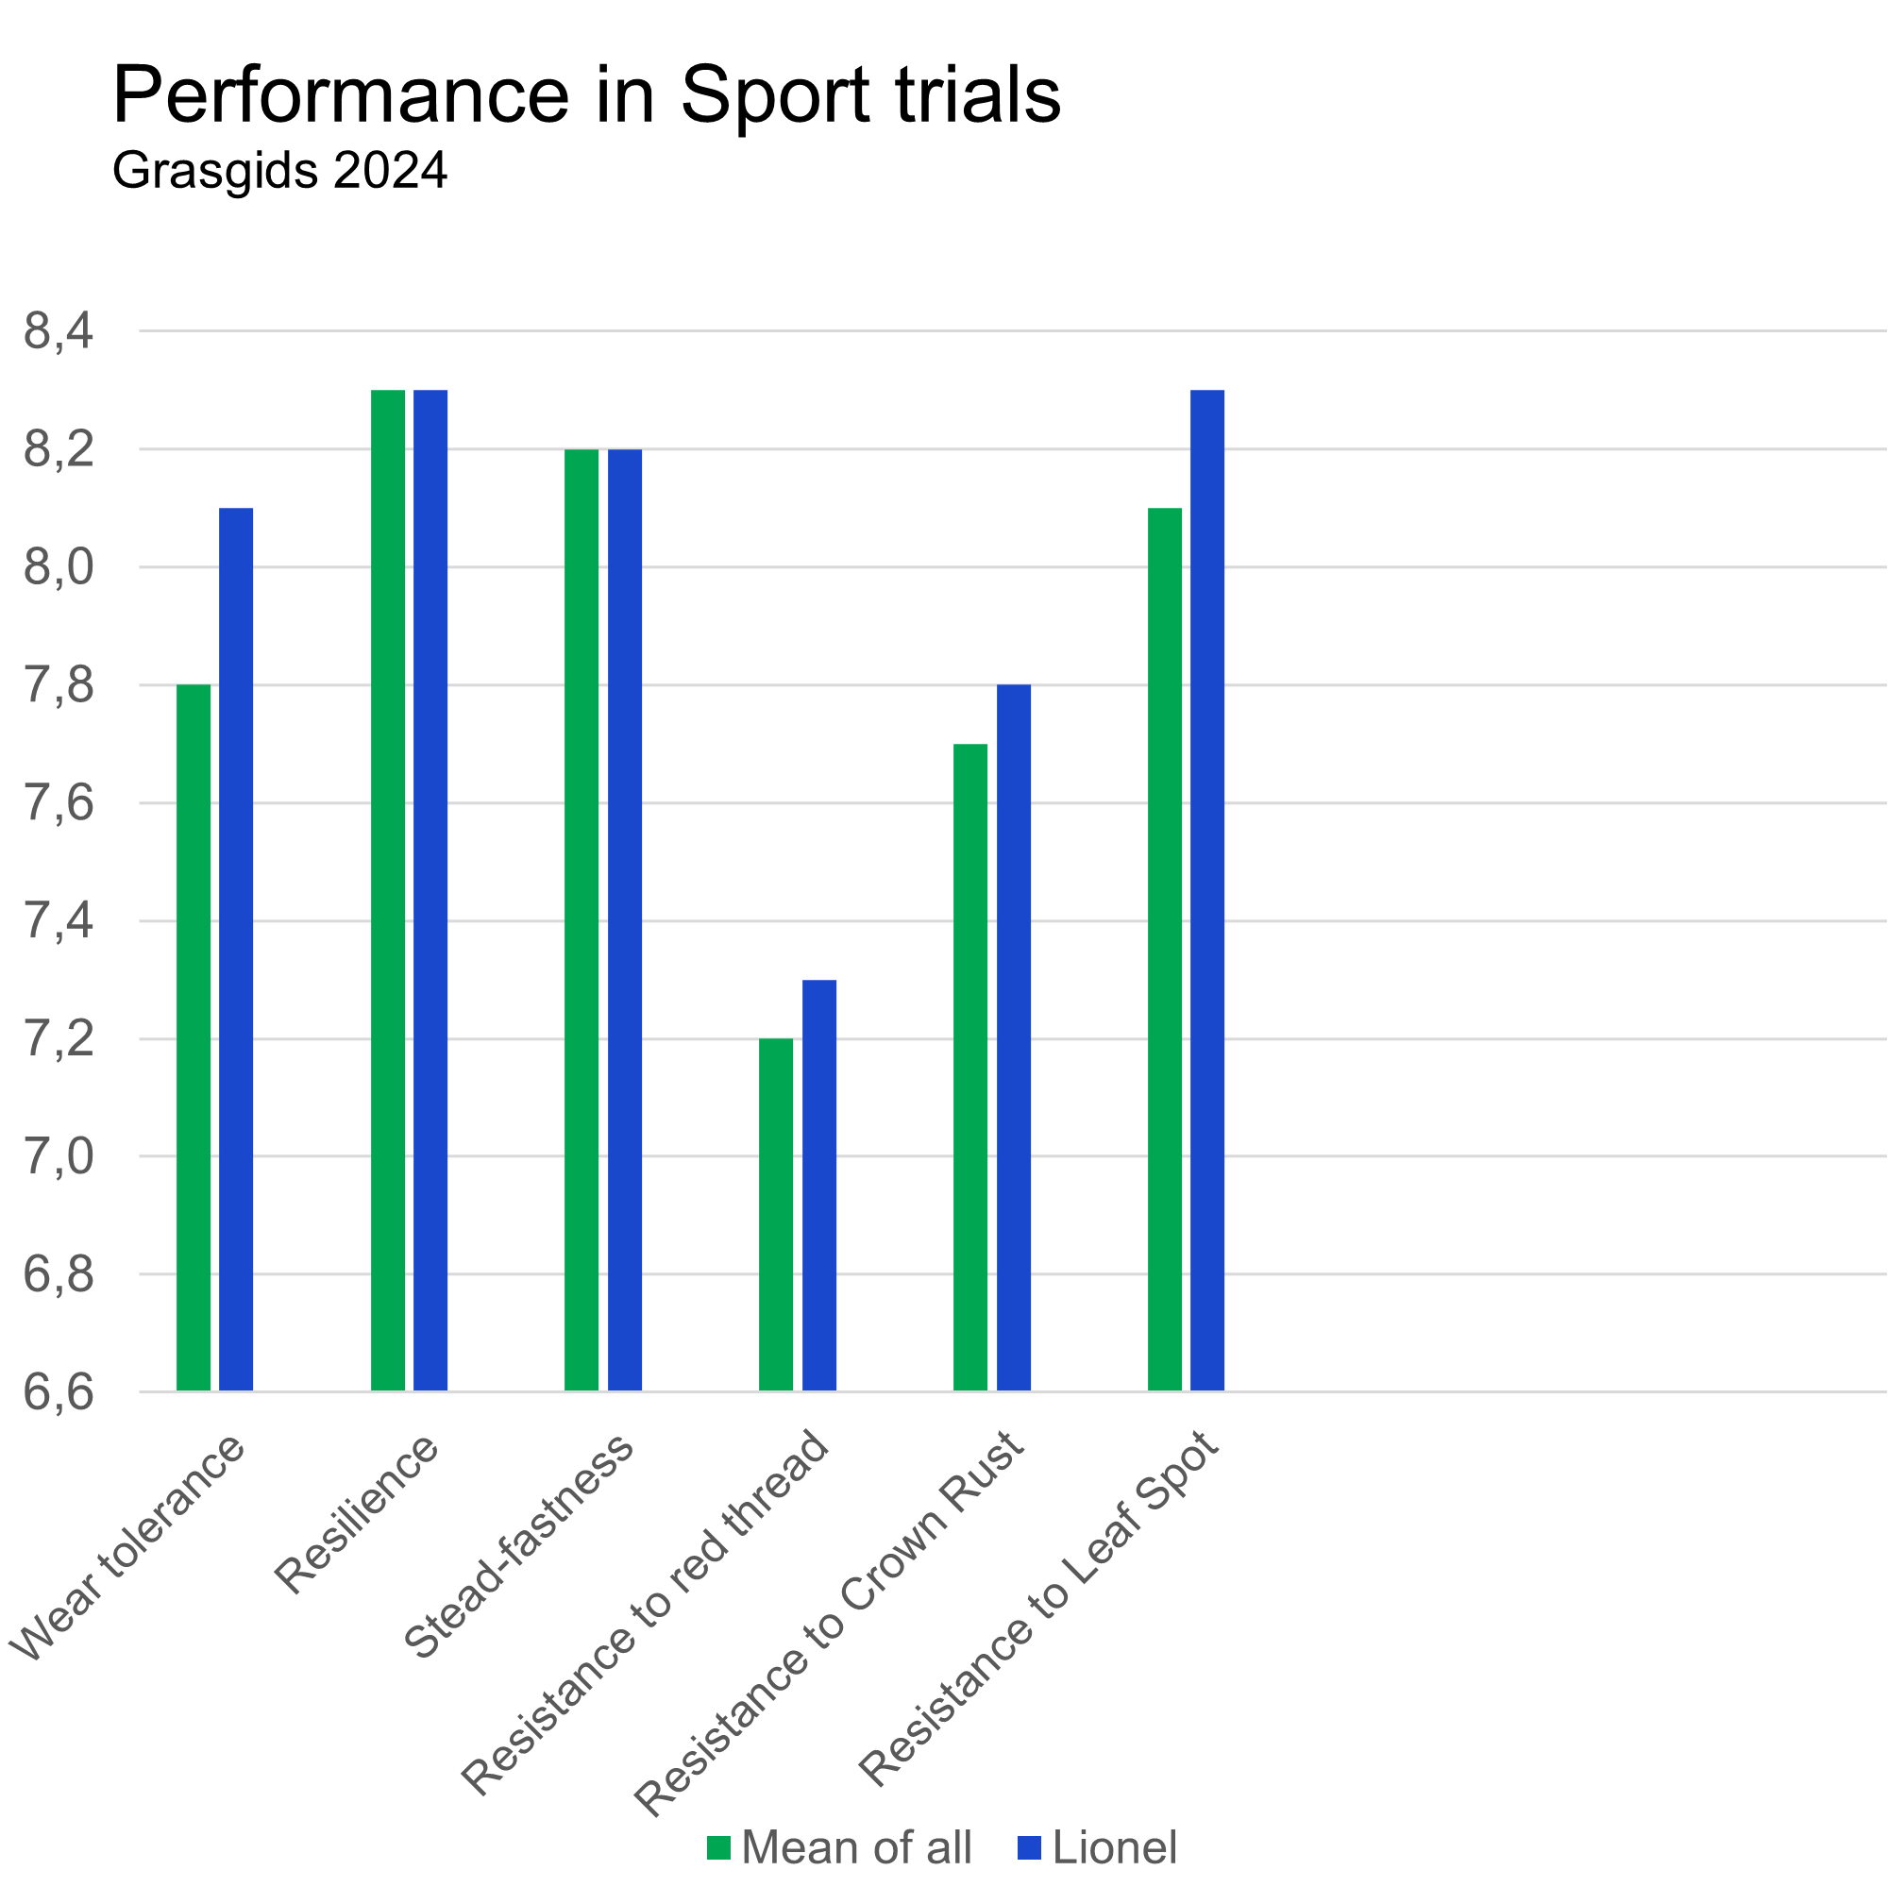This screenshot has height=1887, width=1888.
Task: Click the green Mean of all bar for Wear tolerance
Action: click(194, 1036)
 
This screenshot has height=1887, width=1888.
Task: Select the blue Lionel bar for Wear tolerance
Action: click(237, 949)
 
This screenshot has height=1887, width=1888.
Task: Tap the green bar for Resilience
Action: click(388, 890)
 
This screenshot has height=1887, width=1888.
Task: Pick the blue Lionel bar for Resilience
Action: click(431, 890)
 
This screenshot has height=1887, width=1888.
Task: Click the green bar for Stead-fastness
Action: click(582, 919)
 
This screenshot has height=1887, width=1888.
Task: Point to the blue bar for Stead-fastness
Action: click(626, 919)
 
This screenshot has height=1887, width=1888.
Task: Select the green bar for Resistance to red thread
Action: click(777, 1215)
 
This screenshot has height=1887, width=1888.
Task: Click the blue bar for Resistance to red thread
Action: click(820, 1186)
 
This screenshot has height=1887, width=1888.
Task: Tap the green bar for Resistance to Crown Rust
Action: click(971, 1067)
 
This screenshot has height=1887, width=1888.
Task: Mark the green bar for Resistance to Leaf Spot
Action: click(1165, 949)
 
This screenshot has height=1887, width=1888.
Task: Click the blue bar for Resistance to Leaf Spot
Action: click(1208, 890)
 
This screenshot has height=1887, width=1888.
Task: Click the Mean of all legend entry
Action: click(840, 1848)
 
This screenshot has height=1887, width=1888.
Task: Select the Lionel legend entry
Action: click(1099, 1848)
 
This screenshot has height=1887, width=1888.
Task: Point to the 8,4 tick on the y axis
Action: click(59, 331)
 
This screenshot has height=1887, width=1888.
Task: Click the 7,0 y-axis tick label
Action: click(59, 1157)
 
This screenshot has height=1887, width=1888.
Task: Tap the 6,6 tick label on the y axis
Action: click(59, 1392)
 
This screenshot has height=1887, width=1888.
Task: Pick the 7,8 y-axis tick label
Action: click(59, 686)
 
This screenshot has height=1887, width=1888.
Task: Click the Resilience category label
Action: click(358, 1514)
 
